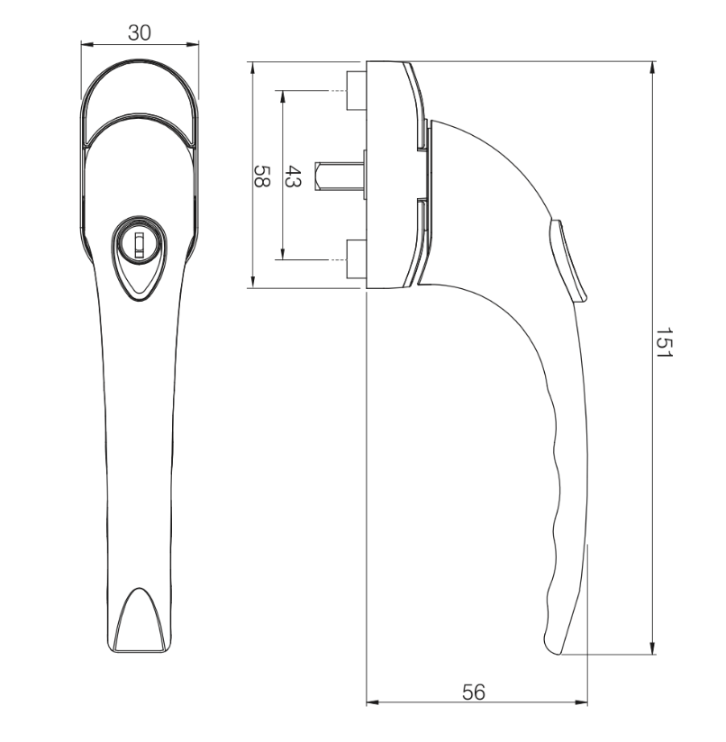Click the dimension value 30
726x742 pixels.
tap(139, 32)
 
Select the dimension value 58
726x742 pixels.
tap(262, 176)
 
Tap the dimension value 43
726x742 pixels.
tap(293, 176)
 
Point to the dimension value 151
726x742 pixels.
tap(664, 344)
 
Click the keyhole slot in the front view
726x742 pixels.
tap(139, 241)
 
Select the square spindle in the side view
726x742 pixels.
tap(338, 176)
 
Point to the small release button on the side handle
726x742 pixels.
tap(569, 261)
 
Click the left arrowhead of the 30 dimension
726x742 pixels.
tap(86, 43)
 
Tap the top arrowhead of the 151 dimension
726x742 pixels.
tap(652, 67)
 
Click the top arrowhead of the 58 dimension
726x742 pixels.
tap(252, 67)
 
